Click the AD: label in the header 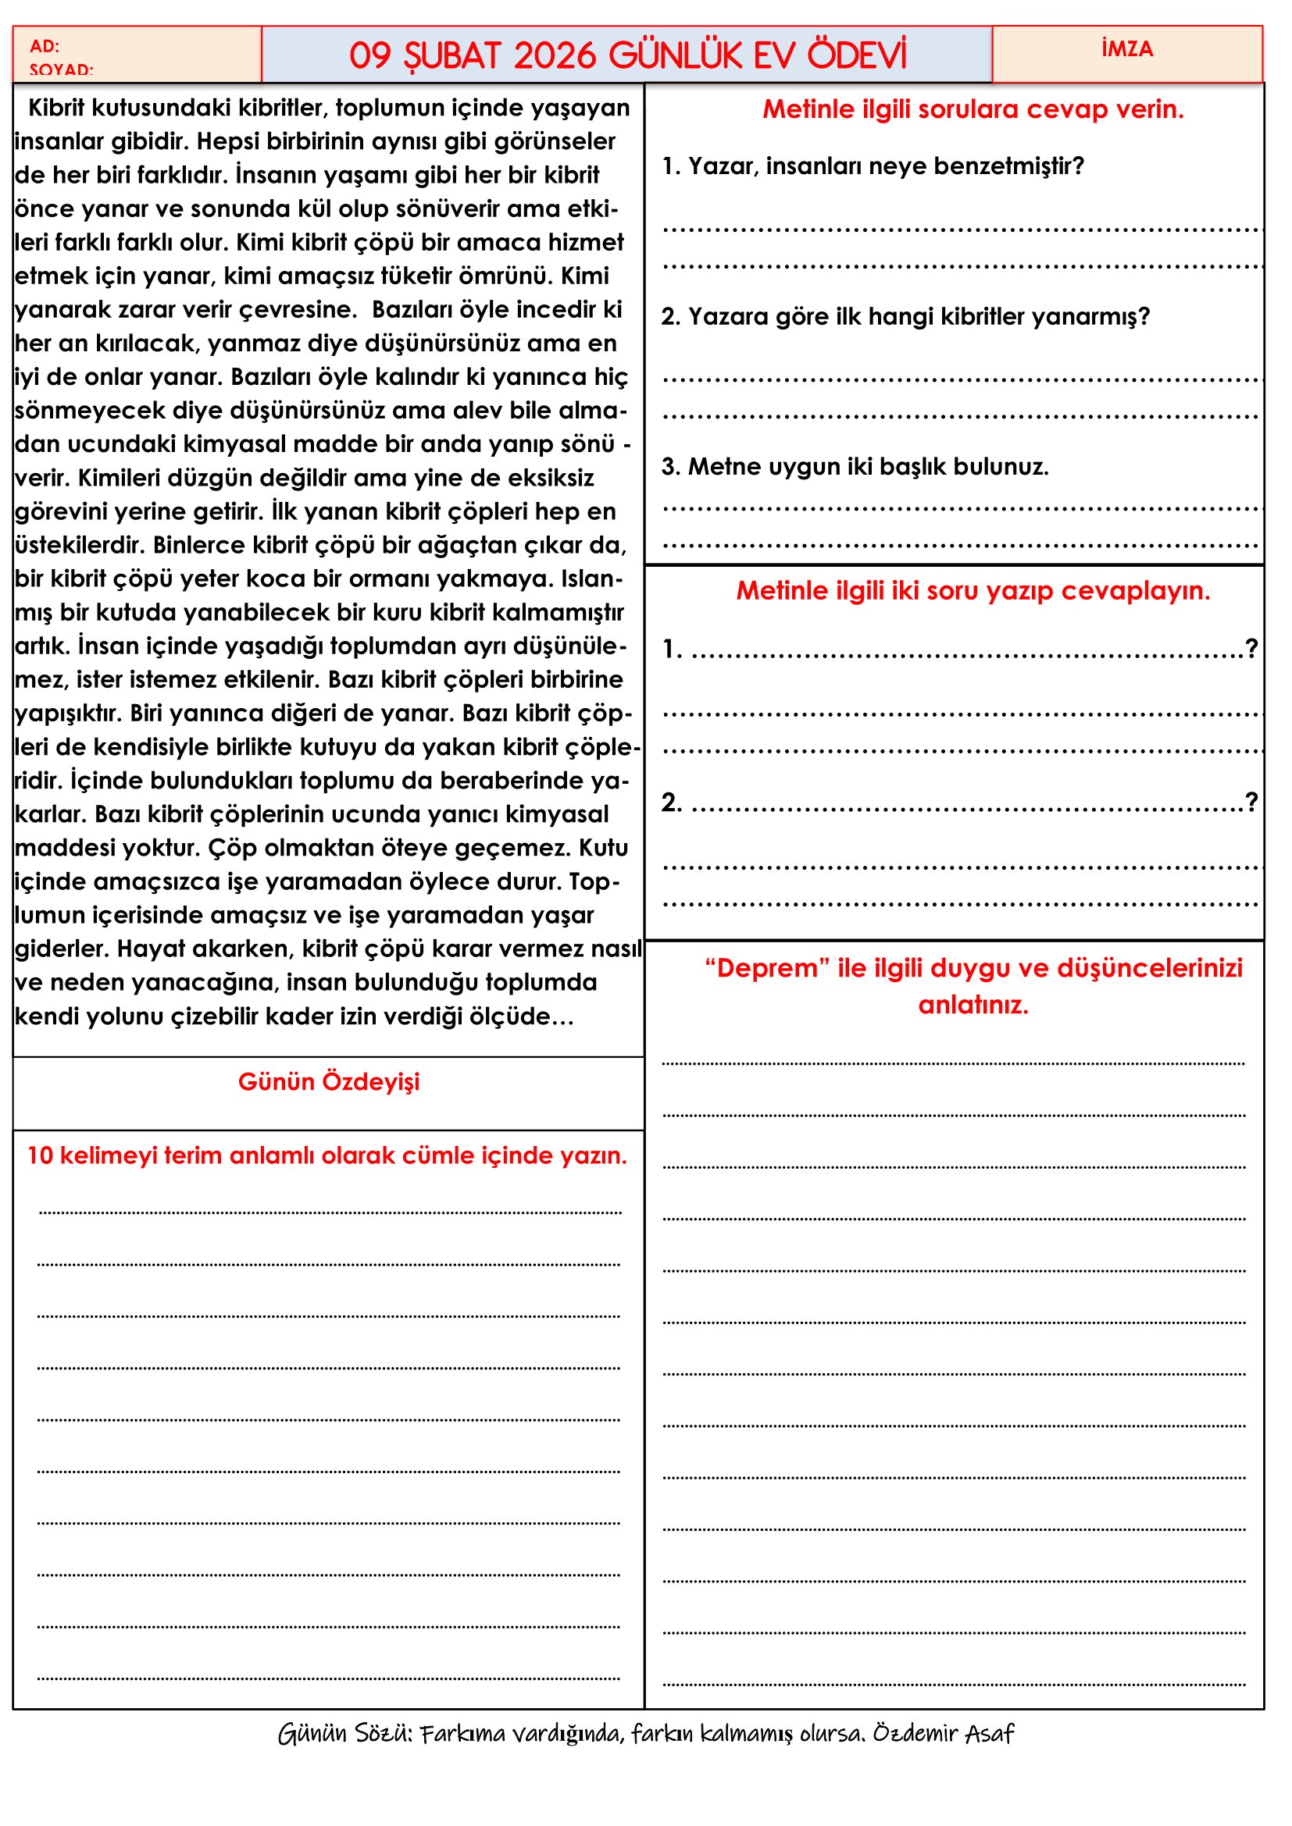45,46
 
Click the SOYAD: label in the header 61,69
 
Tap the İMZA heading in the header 1126,49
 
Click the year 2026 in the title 555,55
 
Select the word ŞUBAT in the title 451,55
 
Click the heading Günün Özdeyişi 329,1081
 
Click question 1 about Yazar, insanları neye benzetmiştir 873,166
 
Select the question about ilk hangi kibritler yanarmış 905,316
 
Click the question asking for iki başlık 855,466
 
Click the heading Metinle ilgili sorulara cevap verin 973,109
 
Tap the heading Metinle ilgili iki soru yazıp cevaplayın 973,590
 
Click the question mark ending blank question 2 1251,801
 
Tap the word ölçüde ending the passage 518,1016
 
